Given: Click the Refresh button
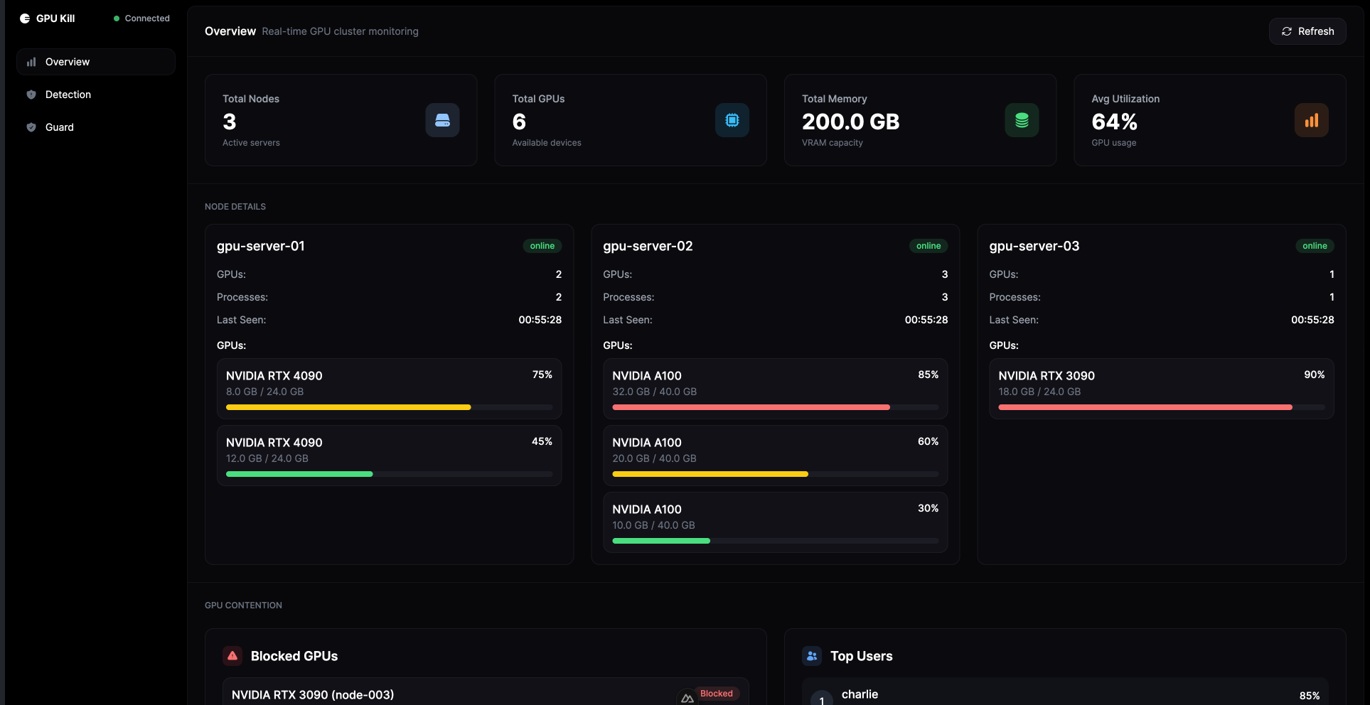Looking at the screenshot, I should [x=1307, y=31].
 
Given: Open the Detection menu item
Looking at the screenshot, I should [x=68, y=95].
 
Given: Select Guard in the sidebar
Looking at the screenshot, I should [x=59, y=127].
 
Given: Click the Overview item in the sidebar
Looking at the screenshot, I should [x=67, y=62].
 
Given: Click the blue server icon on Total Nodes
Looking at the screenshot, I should [x=442, y=120].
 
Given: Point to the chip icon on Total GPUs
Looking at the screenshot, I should [x=732, y=120].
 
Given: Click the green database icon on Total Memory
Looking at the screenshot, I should [x=1022, y=120].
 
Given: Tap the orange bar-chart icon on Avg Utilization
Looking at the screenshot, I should [x=1311, y=120].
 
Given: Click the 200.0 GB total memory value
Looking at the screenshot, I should [x=850, y=122].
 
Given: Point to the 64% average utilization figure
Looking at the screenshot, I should [x=1114, y=122].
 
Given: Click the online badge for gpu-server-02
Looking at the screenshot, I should [x=928, y=246].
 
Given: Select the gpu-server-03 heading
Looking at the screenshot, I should [x=1034, y=246].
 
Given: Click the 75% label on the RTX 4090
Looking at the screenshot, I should [x=542, y=375].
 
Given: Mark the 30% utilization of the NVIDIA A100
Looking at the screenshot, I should [x=928, y=508].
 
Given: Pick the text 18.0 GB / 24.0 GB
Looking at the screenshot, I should [x=1039, y=392].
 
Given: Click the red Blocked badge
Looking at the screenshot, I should [x=716, y=694].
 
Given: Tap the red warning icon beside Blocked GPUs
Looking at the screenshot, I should [x=232, y=656].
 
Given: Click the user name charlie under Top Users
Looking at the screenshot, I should [x=860, y=694].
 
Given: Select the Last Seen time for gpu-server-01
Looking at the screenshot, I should [x=540, y=320].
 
